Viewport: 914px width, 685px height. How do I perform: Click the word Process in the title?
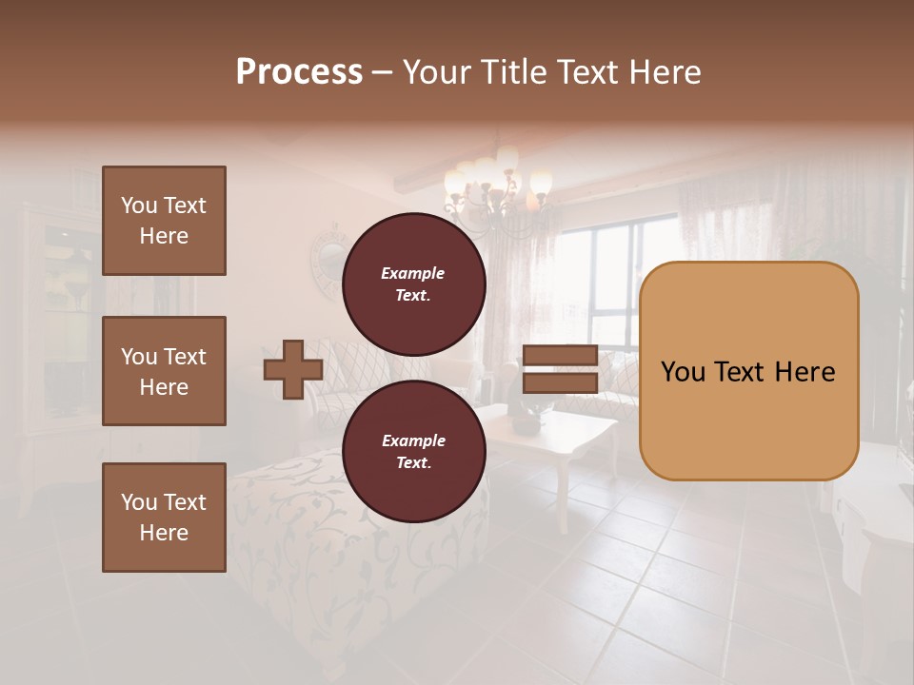(299, 72)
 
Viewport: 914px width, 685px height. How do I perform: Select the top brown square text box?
(164, 221)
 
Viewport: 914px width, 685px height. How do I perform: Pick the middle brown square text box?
(164, 371)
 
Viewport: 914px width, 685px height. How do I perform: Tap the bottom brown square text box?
(164, 518)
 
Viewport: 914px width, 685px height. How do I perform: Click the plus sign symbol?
(292, 370)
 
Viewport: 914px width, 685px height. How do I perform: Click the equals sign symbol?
(560, 369)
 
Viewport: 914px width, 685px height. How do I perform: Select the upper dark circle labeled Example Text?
(413, 284)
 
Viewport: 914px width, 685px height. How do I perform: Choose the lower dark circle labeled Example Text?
(413, 452)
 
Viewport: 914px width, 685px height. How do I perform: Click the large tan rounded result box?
(748, 371)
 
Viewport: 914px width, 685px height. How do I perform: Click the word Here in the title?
(664, 72)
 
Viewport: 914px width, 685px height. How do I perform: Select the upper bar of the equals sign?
(560, 356)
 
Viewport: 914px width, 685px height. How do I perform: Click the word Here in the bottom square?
(164, 533)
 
